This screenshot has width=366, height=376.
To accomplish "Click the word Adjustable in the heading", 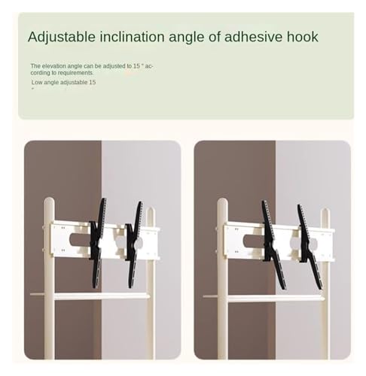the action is click(x=62, y=38).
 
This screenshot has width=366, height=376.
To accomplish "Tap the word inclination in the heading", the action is click(x=133, y=37).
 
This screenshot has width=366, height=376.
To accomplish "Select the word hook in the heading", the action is click(x=303, y=37).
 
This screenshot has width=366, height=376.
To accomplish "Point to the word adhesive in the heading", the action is click(x=252, y=37).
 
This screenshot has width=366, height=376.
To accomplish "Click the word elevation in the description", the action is click(x=54, y=66).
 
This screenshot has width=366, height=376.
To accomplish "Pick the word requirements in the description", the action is click(x=75, y=73).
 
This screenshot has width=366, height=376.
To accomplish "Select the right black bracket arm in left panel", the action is click(x=134, y=244).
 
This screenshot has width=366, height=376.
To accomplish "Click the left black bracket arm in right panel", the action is click(x=273, y=244).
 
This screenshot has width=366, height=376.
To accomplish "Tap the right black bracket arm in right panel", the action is click(x=310, y=247).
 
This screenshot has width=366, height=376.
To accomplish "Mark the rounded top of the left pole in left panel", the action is click(x=49, y=202).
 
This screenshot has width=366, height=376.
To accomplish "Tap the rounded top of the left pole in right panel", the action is click(x=222, y=202).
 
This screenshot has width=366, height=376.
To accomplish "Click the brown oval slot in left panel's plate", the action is click(x=80, y=240).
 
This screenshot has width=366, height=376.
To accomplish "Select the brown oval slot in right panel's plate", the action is click(x=254, y=241).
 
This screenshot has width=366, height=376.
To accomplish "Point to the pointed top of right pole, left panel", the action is click(x=150, y=211).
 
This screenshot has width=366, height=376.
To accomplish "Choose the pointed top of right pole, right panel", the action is click(x=325, y=212).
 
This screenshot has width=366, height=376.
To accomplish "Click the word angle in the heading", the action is click(x=194, y=38).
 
